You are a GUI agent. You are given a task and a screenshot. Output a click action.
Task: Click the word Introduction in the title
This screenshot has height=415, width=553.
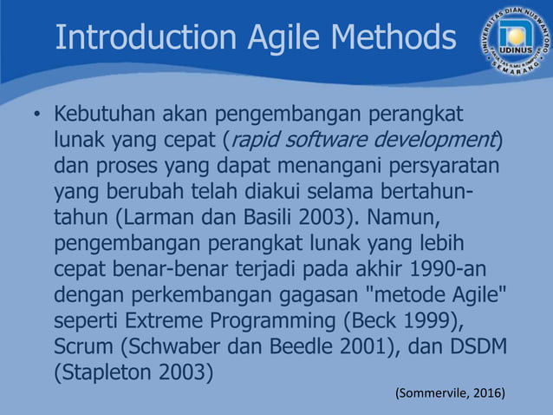click(x=143, y=37)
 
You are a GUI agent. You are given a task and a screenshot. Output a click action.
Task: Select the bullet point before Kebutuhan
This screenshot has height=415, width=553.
click(x=36, y=116)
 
